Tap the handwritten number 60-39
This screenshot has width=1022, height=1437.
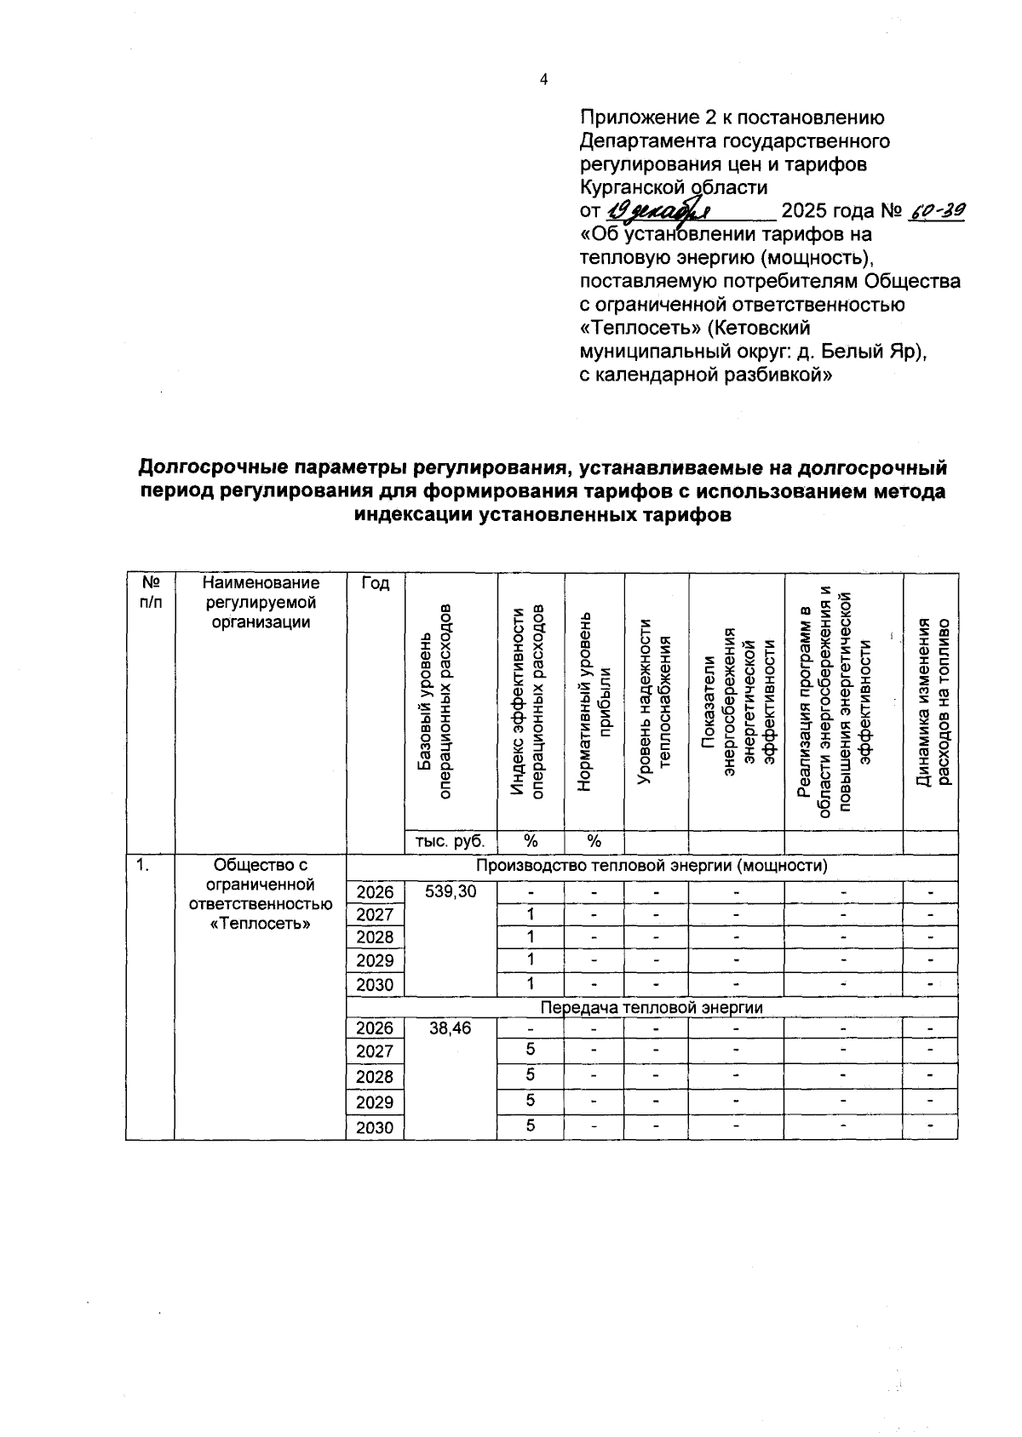click(x=936, y=210)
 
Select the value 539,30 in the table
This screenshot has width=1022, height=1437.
click(x=451, y=891)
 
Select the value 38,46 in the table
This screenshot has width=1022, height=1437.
click(x=451, y=1028)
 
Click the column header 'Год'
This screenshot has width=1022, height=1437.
click(x=375, y=583)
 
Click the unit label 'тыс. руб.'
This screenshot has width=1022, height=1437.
click(x=450, y=841)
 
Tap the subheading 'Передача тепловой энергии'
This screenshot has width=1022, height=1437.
click(x=652, y=1007)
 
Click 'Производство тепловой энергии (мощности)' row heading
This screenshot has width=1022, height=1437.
click(x=652, y=867)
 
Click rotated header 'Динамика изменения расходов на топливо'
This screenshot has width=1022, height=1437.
click(x=932, y=702)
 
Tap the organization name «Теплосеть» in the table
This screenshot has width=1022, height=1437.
click(x=260, y=924)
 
